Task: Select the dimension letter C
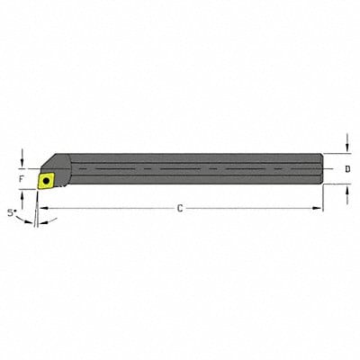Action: [179, 209]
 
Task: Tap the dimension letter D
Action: [347, 168]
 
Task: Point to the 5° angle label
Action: [12, 213]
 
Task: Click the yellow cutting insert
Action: [44, 179]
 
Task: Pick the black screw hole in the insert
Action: [44, 179]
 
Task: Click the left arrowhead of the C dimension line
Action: [40, 209]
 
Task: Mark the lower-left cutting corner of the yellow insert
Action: [37, 186]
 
